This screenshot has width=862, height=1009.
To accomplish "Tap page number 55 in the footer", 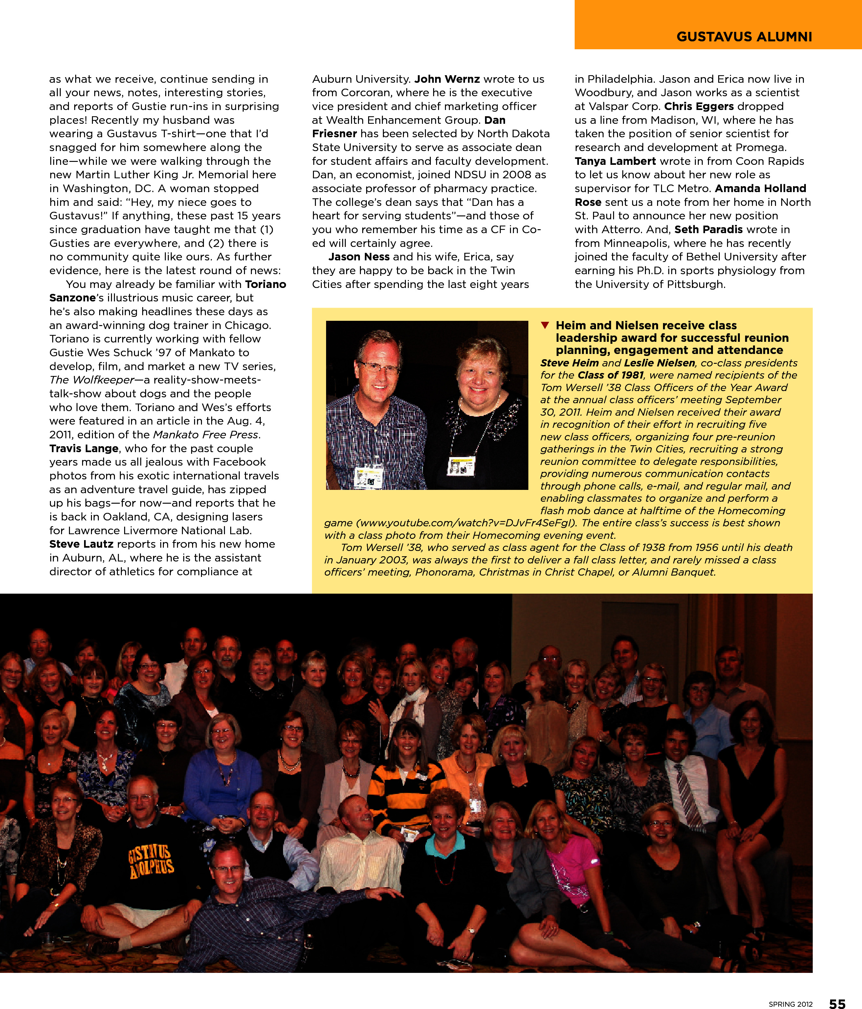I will point(837,1003).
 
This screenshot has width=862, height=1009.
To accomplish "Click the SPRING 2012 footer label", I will point(790,1004).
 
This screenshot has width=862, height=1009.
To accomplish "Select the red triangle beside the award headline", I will point(545,325).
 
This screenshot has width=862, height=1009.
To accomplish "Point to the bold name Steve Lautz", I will point(81,544).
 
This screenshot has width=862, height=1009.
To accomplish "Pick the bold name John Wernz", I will point(447,79).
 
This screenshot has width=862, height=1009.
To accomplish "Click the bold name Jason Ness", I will point(359,257).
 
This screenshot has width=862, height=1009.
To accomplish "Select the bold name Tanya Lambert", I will point(615,161).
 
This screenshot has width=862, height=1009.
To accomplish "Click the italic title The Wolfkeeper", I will point(92,380).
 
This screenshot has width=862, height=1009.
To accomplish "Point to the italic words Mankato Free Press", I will point(205,434).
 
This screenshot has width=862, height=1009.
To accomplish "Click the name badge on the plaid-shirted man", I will point(368,477).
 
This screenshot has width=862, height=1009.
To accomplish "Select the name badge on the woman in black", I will point(461,466).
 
